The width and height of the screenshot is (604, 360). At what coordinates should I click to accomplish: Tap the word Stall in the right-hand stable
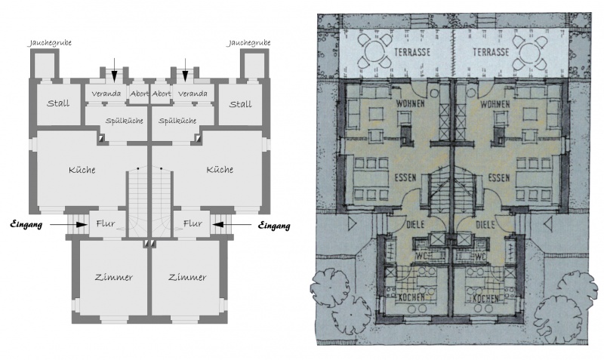pyautogui.click(x=240, y=103)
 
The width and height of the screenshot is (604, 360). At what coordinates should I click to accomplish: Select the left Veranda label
pyautogui.click(x=106, y=94)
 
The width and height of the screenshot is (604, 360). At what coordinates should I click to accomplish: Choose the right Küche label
pyautogui.click(x=219, y=170)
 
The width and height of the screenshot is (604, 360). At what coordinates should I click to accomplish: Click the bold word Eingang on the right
pyautogui.click(x=274, y=225)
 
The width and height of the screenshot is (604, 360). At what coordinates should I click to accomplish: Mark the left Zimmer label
pyautogui.click(x=115, y=278)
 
